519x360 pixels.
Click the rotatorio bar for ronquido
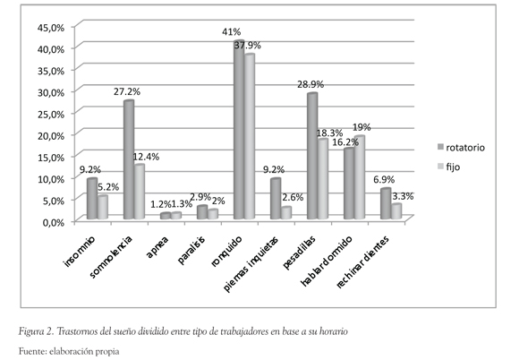pos(239,130)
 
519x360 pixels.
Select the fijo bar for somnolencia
pos(140,192)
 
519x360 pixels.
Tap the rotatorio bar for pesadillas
pos(312,156)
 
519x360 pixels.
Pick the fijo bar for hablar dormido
pos(360,177)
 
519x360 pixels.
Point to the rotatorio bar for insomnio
pos(92,199)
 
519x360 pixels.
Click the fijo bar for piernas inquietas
pos(286,213)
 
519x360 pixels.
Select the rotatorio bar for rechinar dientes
pos(386,203)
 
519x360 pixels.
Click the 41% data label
pos(232,32)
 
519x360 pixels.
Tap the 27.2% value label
pos(127,91)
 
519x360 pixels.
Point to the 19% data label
pos(362,127)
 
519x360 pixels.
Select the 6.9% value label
pos(384,179)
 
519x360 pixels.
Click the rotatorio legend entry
pos(461,148)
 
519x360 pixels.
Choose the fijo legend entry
pos(448,167)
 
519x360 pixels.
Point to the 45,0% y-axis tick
pos(51,28)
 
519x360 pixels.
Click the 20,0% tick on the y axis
pos(51,135)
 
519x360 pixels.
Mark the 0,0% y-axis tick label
pos(53,222)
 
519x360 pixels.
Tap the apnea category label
pos(157,247)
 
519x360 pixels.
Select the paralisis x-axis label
pos(191,250)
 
